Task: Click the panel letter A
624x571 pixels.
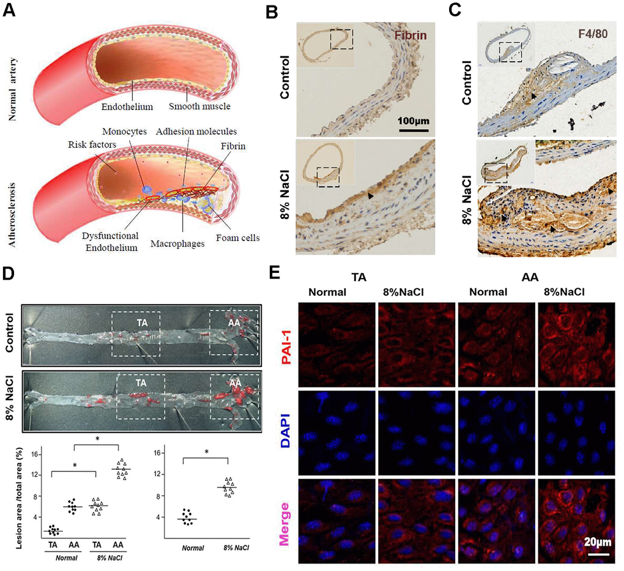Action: pos(10,9)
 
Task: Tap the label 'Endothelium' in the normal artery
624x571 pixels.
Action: pos(127,106)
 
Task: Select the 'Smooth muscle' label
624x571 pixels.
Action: pos(199,106)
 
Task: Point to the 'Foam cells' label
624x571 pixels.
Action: pos(237,237)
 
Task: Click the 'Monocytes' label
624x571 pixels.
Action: pos(125,132)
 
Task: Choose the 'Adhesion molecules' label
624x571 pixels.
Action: pos(196,132)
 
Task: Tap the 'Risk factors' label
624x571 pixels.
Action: pos(92,144)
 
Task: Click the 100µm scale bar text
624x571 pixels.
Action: pos(414,121)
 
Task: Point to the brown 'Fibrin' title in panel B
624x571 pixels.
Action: pos(410,35)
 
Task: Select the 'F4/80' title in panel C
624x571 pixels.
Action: pos(593,34)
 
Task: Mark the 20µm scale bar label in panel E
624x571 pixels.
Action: pos(598,542)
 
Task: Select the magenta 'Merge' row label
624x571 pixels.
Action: pos(284,524)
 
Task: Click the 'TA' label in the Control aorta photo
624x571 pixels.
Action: pos(143,323)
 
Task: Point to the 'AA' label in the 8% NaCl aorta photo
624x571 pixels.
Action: pos(235,383)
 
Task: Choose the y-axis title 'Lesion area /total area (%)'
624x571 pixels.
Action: pos(20,498)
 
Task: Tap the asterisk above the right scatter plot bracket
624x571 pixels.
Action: pos(207,452)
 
